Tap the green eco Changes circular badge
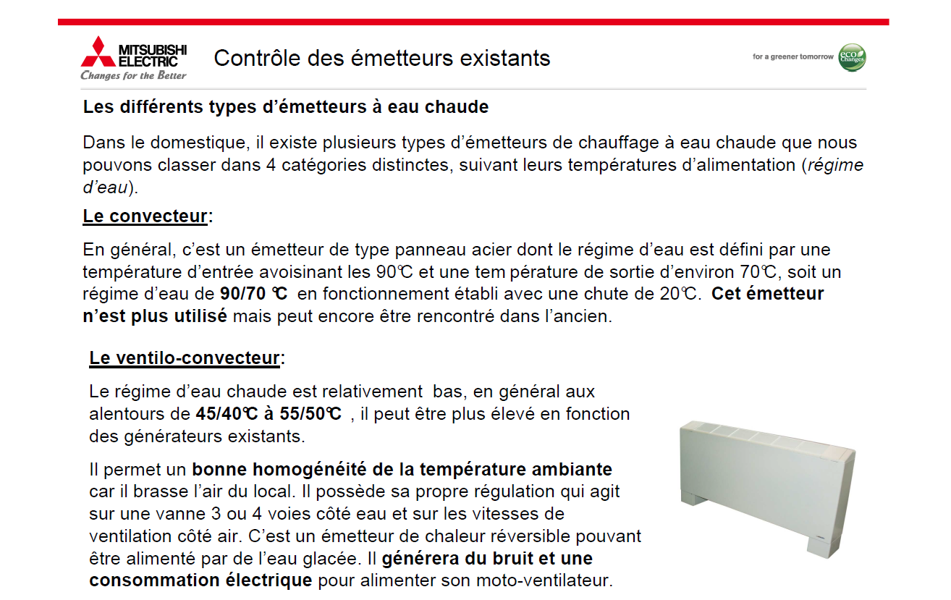pyautogui.click(x=852, y=57)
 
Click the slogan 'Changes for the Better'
pyautogui.click(x=133, y=75)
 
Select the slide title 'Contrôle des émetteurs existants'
pyautogui.click(x=382, y=58)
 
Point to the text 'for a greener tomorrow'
pyautogui.click(x=792, y=56)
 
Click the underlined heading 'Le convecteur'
pyautogui.click(x=145, y=216)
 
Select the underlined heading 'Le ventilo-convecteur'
pyautogui.click(x=185, y=358)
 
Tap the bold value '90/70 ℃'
pyautogui.click(x=253, y=294)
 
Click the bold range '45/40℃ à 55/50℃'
pyautogui.click(x=269, y=414)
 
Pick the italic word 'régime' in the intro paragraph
pyautogui.click(x=835, y=165)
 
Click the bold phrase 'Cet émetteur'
pyautogui.click(x=768, y=294)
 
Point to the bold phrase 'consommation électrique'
pyautogui.click(x=201, y=580)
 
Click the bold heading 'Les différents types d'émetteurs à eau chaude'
pyautogui.click(x=286, y=108)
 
